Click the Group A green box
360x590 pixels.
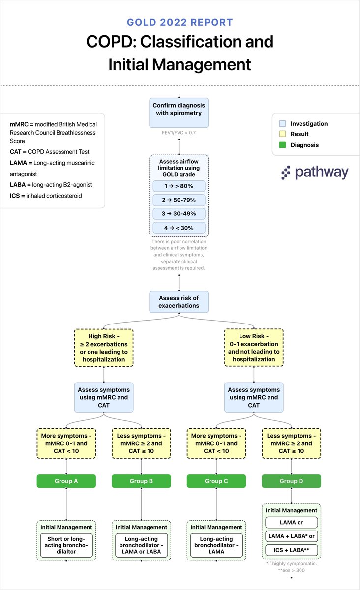pyautogui.click(x=66, y=481)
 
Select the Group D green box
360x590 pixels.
pyautogui.click(x=291, y=481)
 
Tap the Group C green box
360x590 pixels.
pyautogui.click(x=216, y=481)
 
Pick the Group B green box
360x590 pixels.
pyautogui.click(x=141, y=481)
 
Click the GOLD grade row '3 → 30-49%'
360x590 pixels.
pyautogui.click(x=179, y=213)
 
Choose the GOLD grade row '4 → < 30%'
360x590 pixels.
pyautogui.click(x=179, y=228)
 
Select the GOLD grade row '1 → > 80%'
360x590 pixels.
pyautogui.click(x=179, y=186)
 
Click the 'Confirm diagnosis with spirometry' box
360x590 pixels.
pyautogui.click(x=179, y=113)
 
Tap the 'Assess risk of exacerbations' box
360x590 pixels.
pyautogui.click(x=179, y=301)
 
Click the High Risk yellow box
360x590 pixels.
pyautogui.click(x=104, y=348)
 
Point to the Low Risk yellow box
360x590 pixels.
pyautogui.click(x=254, y=348)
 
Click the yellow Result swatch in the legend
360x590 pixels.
pyautogui.click(x=282, y=134)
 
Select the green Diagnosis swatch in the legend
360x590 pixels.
pyautogui.click(x=282, y=145)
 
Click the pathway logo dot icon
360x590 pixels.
pyautogui.click(x=286, y=173)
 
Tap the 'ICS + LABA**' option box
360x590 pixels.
pyautogui.click(x=292, y=550)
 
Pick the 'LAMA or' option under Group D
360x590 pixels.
pyautogui.click(x=292, y=522)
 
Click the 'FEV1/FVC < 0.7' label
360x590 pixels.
pyautogui.click(x=179, y=133)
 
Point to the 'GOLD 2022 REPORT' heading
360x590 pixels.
pyautogui.click(x=180, y=22)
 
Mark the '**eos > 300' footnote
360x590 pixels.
pyautogui.click(x=292, y=570)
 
